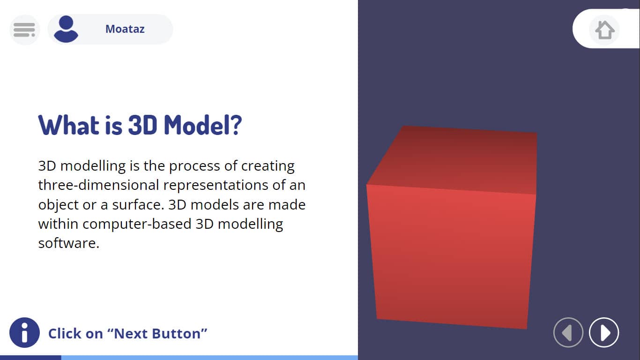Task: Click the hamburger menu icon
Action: [x=24, y=30]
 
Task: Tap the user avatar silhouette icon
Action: [x=66, y=29]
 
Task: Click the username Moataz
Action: [x=125, y=29]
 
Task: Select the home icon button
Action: [x=604, y=30]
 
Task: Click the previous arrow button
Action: [x=568, y=332]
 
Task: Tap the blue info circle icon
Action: [x=24, y=332]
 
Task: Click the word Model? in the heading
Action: [x=203, y=125]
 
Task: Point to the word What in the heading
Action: [x=69, y=125]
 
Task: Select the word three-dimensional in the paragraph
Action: [x=98, y=185]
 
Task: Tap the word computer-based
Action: [x=137, y=224]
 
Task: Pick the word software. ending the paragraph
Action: [x=68, y=243]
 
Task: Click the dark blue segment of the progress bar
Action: [x=30, y=358]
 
